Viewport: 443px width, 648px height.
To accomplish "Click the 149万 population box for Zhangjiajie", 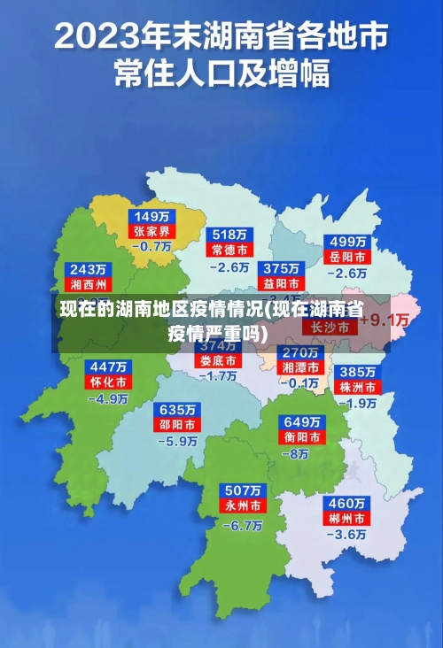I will click(x=152, y=216).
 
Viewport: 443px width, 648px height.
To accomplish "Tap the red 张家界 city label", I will click(x=152, y=231).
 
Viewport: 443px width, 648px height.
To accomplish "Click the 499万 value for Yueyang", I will click(x=348, y=242).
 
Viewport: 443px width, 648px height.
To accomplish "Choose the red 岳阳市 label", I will click(x=348, y=257).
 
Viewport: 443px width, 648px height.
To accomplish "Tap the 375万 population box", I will click(x=281, y=268).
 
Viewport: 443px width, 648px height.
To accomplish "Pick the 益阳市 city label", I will click(x=281, y=283).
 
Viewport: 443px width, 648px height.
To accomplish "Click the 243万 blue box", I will click(x=89, y=269).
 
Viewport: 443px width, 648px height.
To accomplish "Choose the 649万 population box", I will click(x=301, y=421).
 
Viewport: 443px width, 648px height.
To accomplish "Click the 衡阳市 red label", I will click(x=301, y=436).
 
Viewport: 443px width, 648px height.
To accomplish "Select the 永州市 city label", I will click(x=242, y=506).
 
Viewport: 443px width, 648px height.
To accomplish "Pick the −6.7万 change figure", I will click(x=242, y=524).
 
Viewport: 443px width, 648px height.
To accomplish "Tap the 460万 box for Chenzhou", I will click(x=346, y=503).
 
